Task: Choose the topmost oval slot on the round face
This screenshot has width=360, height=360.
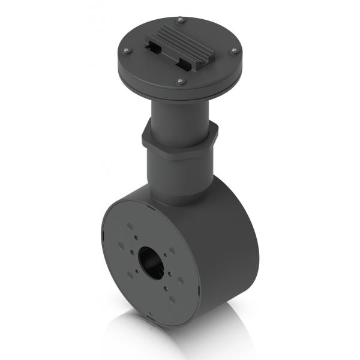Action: [x=130, y=227]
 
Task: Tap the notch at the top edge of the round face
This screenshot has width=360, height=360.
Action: [x=150, y=207]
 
